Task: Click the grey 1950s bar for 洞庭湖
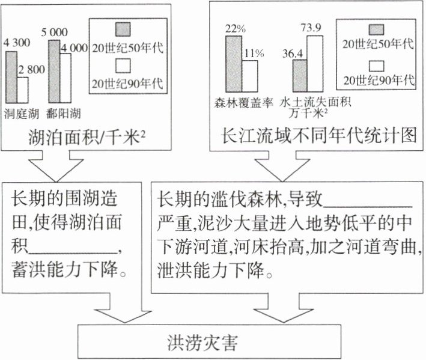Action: (11, 77)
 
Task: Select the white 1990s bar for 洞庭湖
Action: (23, 89)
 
